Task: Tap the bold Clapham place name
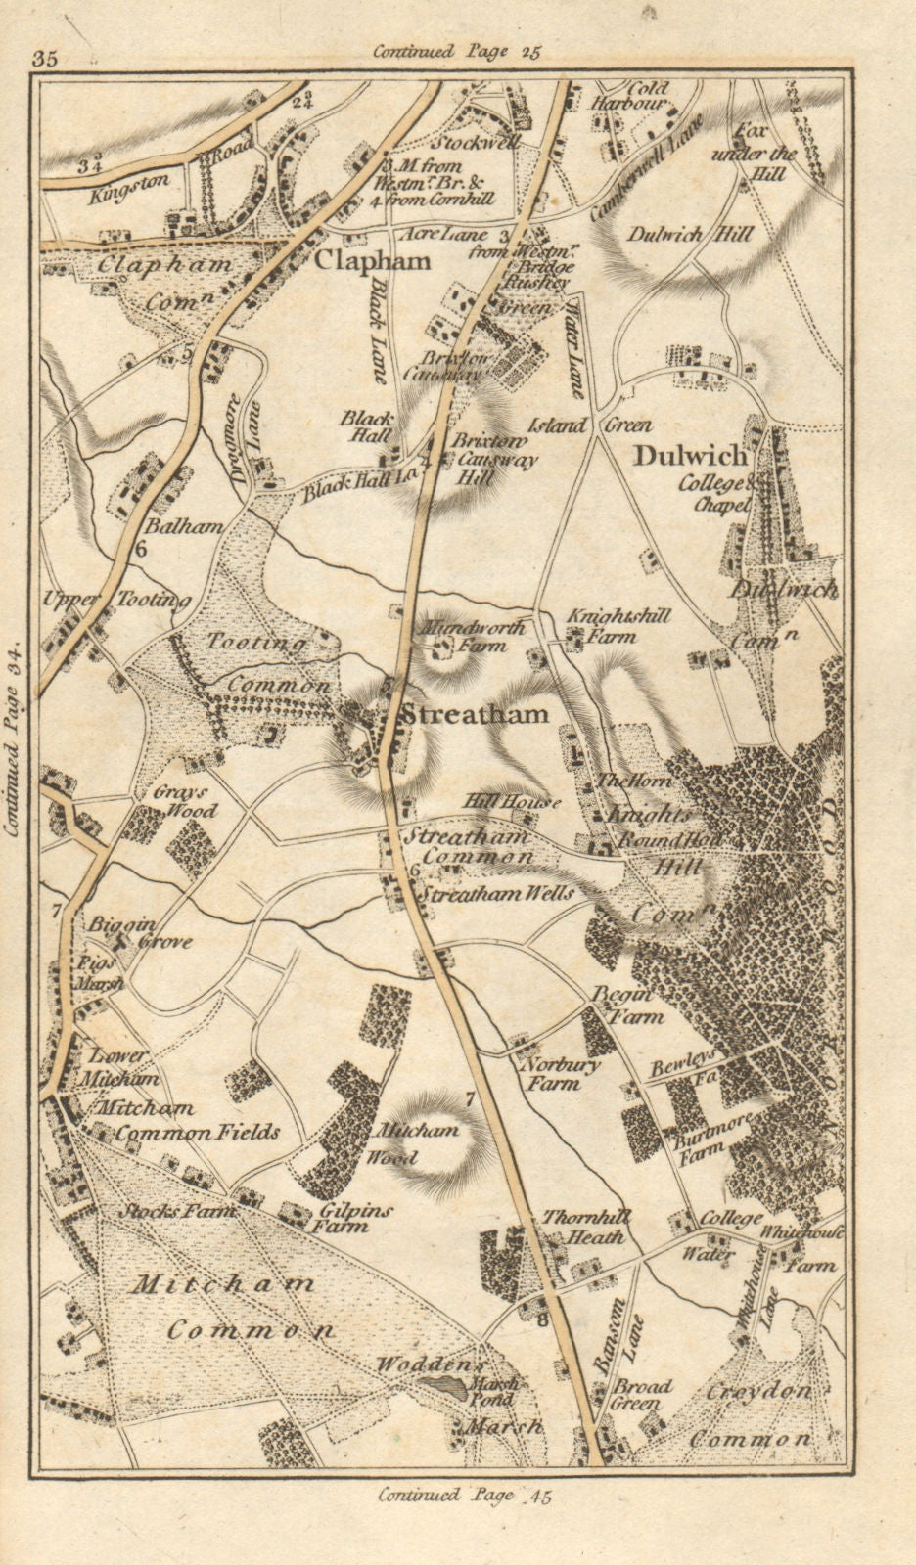(x=372, y=261)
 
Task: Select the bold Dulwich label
(x=691, y=456)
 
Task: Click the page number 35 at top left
(x=45, y=58)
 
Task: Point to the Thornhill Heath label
(x=584, y=1228)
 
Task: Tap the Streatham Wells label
(x=496, y=893)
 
